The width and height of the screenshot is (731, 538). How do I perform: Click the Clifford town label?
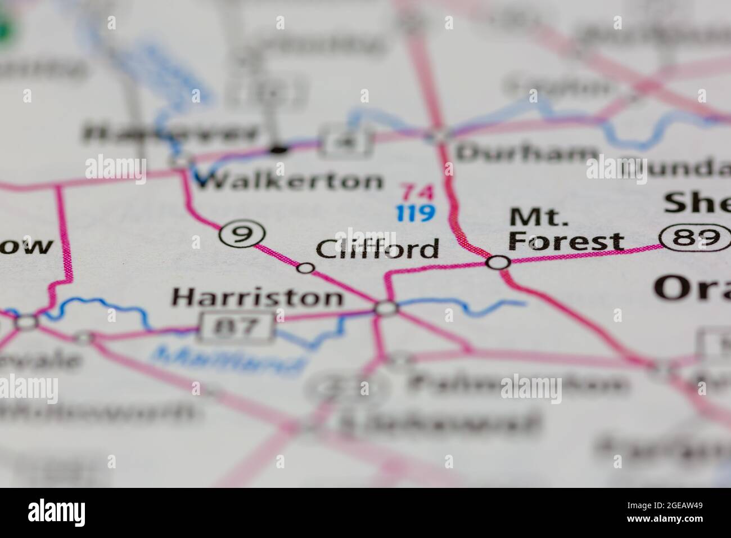tap(377, 248)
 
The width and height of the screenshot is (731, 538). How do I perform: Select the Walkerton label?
tap(287, 181)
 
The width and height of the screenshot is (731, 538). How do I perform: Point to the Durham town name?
tap(526, 153)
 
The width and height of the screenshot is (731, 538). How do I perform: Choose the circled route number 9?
tap(241, 234)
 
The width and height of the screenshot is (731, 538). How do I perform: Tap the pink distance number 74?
tap(417, 193)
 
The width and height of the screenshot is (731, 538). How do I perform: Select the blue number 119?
tap(415, 213)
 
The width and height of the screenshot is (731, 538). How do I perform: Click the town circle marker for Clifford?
tap(305, 268)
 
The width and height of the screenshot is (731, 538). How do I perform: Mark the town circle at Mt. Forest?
tap(498, 262)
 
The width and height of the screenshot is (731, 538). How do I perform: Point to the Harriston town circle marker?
tap(386, 308)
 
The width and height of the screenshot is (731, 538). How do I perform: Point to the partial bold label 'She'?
tap(697, 203)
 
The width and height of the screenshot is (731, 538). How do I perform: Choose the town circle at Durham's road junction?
tap(439, 135)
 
